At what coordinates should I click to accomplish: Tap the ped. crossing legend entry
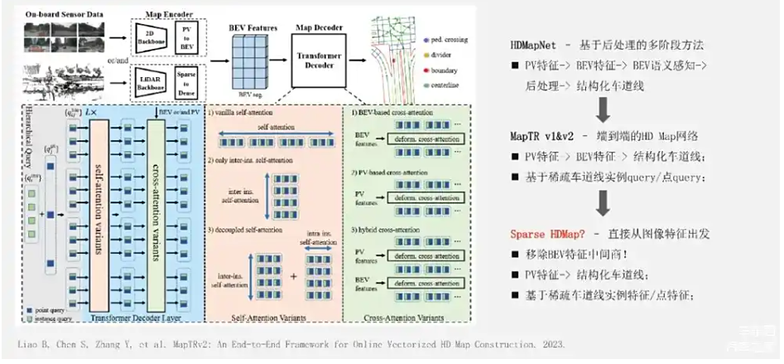447,40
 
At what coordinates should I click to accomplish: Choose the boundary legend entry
445,70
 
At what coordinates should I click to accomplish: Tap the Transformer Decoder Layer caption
125,315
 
